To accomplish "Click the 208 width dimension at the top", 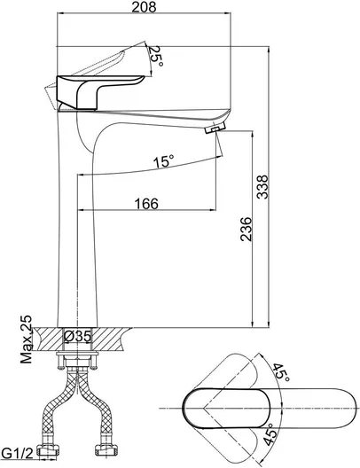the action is [144, 7].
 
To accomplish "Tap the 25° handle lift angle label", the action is [156, 57].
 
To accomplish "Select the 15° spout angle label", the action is [163, 162].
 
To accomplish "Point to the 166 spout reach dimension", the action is [146, 204].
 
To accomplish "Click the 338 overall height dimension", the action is [263, 187].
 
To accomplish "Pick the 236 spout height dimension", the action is [247, 229].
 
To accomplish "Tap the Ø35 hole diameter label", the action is [77, 337].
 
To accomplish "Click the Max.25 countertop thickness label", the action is [26, 339].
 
